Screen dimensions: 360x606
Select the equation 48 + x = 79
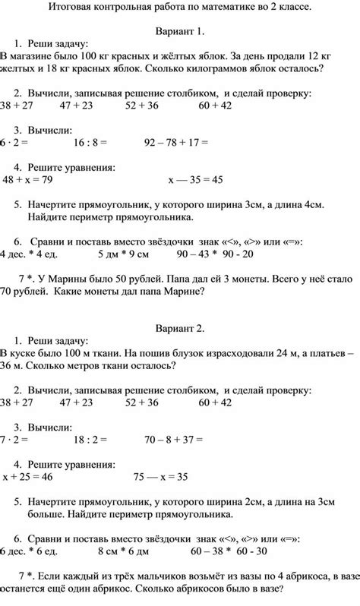click(27, 180)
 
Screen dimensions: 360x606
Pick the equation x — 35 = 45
click(196, 180)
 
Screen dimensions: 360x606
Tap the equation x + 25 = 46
click(27, 477)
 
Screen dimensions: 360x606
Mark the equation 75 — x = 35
click(160, 477)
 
